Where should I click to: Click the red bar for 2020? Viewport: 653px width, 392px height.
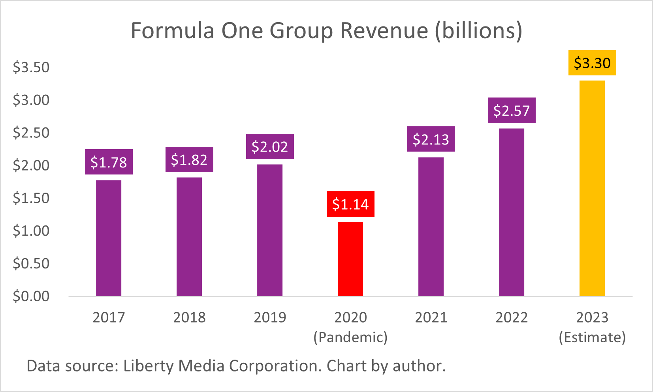(x=350, y=259)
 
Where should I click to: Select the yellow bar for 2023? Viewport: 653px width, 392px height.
(x=592, y=188)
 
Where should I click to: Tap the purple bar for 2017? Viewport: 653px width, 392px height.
(x=109, y=238)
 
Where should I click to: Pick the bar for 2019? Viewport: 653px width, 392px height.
(x=270, y=230)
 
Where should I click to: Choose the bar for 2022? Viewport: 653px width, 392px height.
(x=512, y=212)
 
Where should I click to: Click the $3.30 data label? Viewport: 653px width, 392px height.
(x=592, y=63)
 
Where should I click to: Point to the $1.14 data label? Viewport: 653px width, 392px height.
(x=350, y=204)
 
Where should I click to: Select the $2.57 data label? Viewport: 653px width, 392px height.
(x=512, y=111)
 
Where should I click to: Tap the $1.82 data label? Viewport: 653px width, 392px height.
(x=189, y=160)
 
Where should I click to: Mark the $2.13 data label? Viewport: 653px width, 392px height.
(x=431, y=139)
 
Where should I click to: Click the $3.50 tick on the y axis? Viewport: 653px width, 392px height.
(x=31, y=68)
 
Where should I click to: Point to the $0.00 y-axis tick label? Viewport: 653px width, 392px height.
(x=31, y=296)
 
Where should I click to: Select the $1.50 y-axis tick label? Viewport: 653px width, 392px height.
(x=31, y=198)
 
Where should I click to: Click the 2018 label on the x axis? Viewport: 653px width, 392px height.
(x=189, y=317)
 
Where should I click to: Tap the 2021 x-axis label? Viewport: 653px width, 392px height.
(x=431, y=317)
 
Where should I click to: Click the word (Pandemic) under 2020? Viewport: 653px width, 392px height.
(x=350, y=338)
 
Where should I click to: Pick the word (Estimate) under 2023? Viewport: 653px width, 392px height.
(x=592, y=338)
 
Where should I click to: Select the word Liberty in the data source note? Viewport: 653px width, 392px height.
(x=149, y=366)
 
